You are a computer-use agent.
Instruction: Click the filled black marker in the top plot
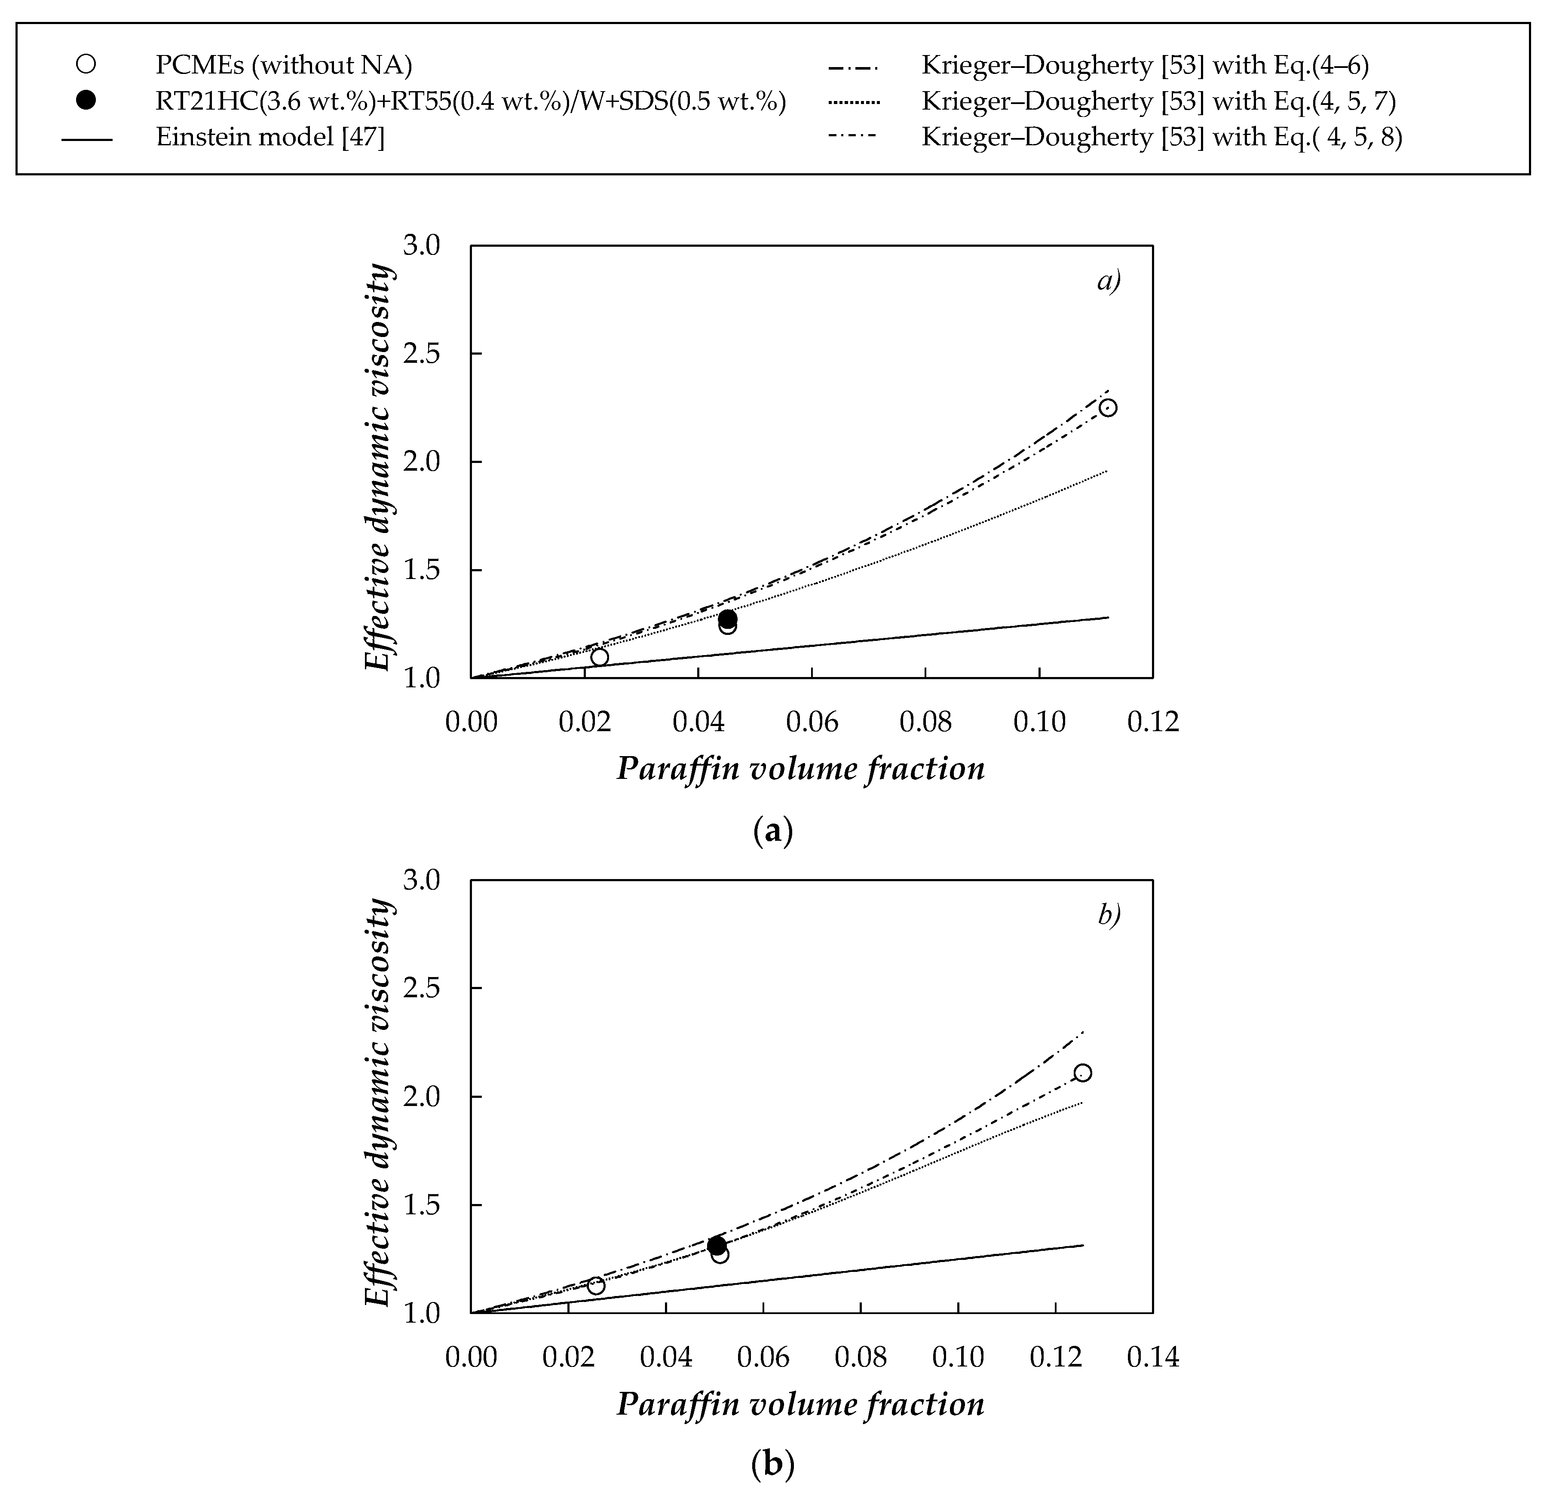[728, 619]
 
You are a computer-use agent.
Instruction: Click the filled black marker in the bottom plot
[717, 1245]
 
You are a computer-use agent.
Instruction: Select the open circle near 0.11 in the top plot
[1108, 408]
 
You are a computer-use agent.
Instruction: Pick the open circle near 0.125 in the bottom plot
[1083, 1073]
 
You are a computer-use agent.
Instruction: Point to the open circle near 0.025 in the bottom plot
[595, 1286]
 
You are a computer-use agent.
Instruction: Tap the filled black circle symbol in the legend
[86, 101]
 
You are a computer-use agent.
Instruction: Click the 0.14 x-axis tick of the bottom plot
[1152, 1357]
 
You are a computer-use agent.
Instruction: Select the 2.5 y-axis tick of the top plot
[421, 353]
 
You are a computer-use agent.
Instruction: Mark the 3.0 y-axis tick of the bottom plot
[421, 881]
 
